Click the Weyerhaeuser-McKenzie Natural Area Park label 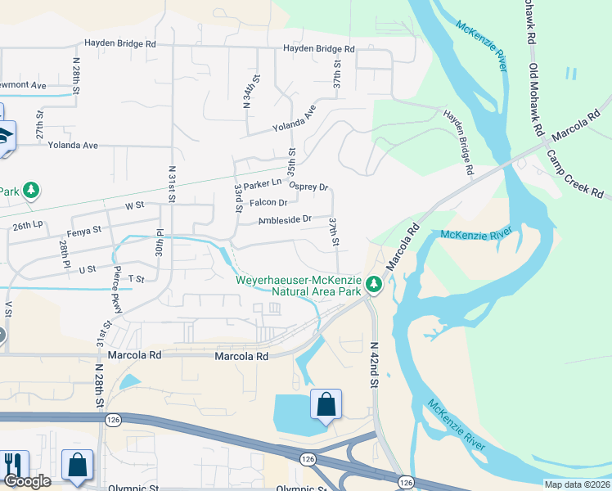pyautogui.click(x=299, y=285)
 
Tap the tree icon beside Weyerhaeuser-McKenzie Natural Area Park pyautogui.click(x=374, y=285)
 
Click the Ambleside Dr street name pyautogui.click(x=285, y=219)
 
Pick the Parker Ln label pyautogui.click(x=262, y=182)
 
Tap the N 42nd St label pyautogui.click(x=376, y=365)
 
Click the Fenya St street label pyautogui.click(x=85, y=231)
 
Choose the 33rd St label pyautogui.click(x=238, y=198)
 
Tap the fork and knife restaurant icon pyautogui.click(x=12, y=465)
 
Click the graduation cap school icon pyautogui.click(x=4, y=135)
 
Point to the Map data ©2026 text pyautogui.click(x=578, y=484)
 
